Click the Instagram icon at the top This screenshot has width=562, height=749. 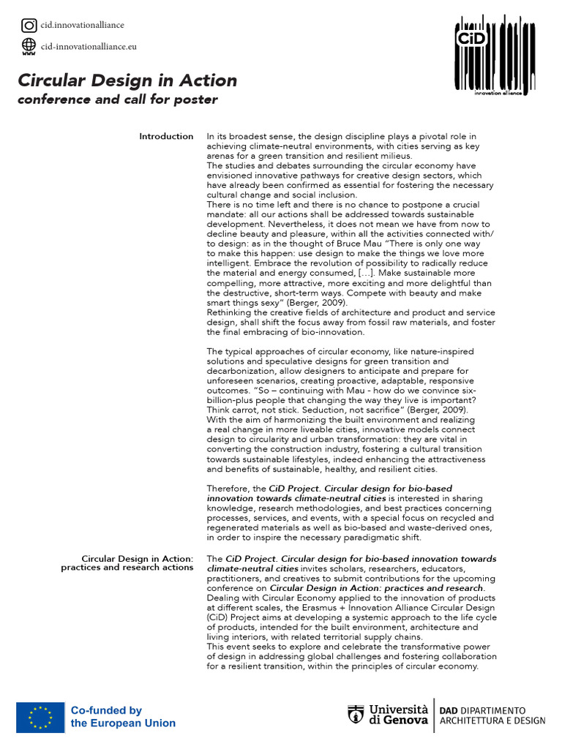pyautogui.click(x=29, y=26)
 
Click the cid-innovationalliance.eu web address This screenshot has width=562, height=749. pyautogui.click(x=89, y=47)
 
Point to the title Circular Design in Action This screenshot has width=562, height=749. pyautogui.click(x=127, y=80)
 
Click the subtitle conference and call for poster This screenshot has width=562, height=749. pyautogui.click(x=117, y=99)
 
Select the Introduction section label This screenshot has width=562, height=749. pyautogui.click(x=166, y=136)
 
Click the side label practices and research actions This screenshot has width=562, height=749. pyautogui.click(x=127, y=568)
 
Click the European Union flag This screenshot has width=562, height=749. pyautogui.click(x=40, y=717)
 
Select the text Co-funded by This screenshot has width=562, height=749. pyautogui.click(x=106, y=710)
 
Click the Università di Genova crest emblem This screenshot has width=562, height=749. pyautogui.click(x=356, y=716)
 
